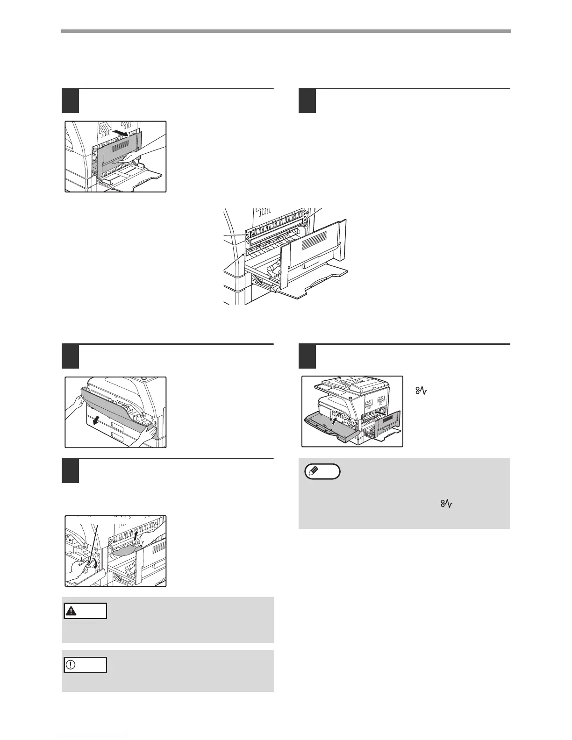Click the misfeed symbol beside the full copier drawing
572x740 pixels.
[x=419, y=389]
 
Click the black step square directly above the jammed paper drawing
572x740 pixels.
[x=70, y=471]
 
